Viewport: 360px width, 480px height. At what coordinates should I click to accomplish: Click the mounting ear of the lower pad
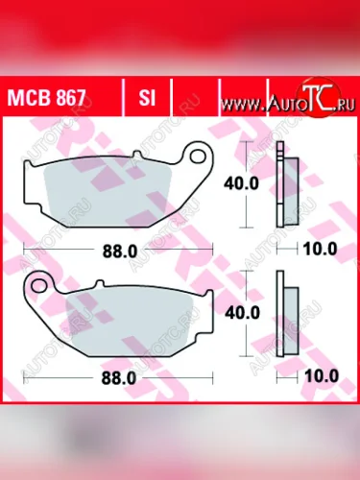click(x=40, y=285)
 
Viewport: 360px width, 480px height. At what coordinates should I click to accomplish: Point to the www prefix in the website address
click(x=248, y=101)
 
